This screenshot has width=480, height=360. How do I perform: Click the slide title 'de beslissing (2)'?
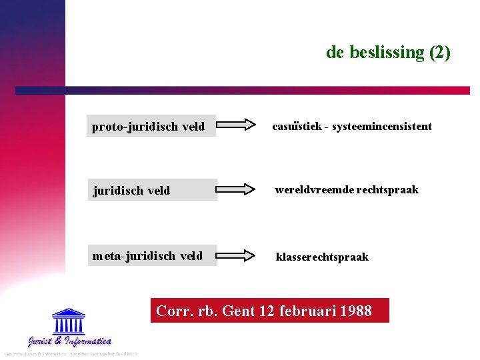tap(388, 52)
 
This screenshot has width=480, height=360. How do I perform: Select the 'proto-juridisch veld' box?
tap(151, 126)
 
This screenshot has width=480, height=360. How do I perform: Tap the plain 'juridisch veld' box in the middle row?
tap(151, 190)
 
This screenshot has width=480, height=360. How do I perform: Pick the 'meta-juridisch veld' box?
tap(151, 255)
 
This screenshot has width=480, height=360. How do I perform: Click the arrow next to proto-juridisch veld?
tap(237, 124)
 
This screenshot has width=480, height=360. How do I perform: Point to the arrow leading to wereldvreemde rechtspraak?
tap(237, 189)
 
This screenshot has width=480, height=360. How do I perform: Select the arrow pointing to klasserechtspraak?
tap(237, 255)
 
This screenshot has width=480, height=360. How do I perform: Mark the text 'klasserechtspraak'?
tap(322, 257)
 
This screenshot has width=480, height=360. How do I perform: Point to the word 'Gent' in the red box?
tap(241, 311)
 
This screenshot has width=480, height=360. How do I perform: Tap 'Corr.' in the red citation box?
tap(172, 311)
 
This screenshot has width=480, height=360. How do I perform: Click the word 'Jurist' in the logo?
tap(41, 342)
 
